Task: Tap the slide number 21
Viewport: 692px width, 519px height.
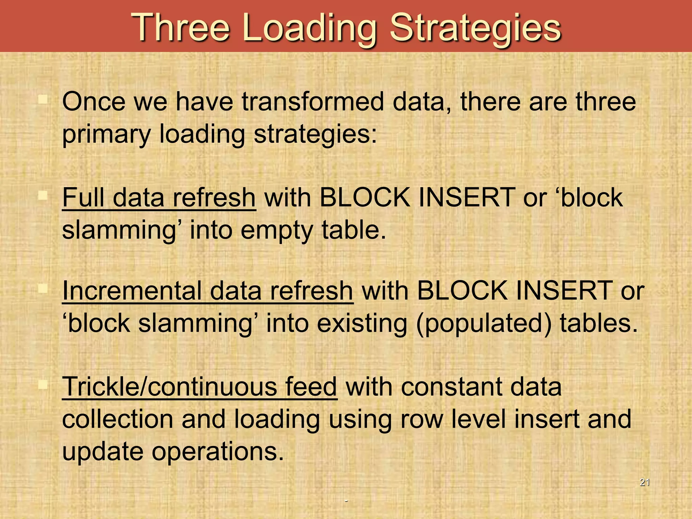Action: pyautogui.click(x=645, y=482)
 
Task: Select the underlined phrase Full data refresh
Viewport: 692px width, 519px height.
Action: pyautogui.click(x=159, y=198)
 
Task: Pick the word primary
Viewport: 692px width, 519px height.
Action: pyautogui.click(x=106, y=134)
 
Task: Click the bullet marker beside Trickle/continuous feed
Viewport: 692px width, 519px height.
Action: pyautogui.click(x=43, y=385)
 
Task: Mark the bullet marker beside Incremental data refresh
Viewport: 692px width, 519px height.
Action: pyautogui.click(x=43, y=289)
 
